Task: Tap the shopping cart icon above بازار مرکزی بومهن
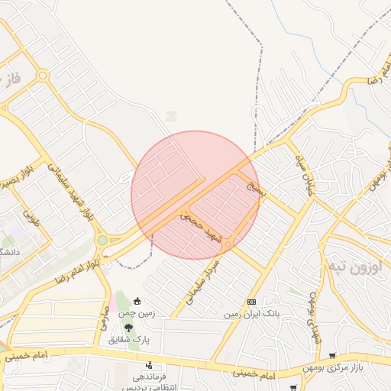point(331,355)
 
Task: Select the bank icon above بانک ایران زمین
point(252,302)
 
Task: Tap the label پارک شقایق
point(132,338)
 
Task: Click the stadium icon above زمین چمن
point(137,300)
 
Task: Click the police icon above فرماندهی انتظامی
point(149,365)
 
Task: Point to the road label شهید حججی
point(201,228)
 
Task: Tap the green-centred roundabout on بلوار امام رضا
point(102,241)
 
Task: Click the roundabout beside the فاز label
point(43,75)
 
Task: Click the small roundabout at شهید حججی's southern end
point(228,244)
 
